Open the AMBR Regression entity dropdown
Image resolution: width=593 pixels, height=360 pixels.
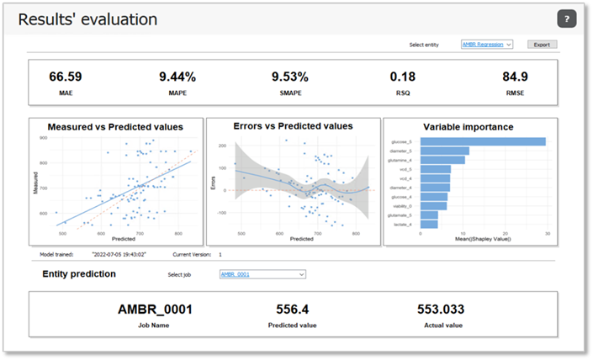coord(487,44)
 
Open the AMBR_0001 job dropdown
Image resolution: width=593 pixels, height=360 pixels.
coord(262,274)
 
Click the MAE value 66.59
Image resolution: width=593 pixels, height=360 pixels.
coord(66,77)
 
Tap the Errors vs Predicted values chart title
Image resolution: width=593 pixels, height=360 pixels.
coord(293,126)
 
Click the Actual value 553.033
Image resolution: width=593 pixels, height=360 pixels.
coord(441,309)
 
